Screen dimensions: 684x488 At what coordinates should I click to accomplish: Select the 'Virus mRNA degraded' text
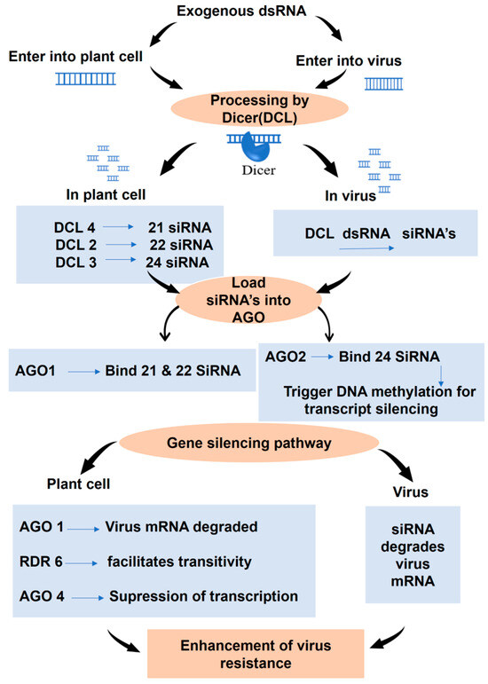193,526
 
